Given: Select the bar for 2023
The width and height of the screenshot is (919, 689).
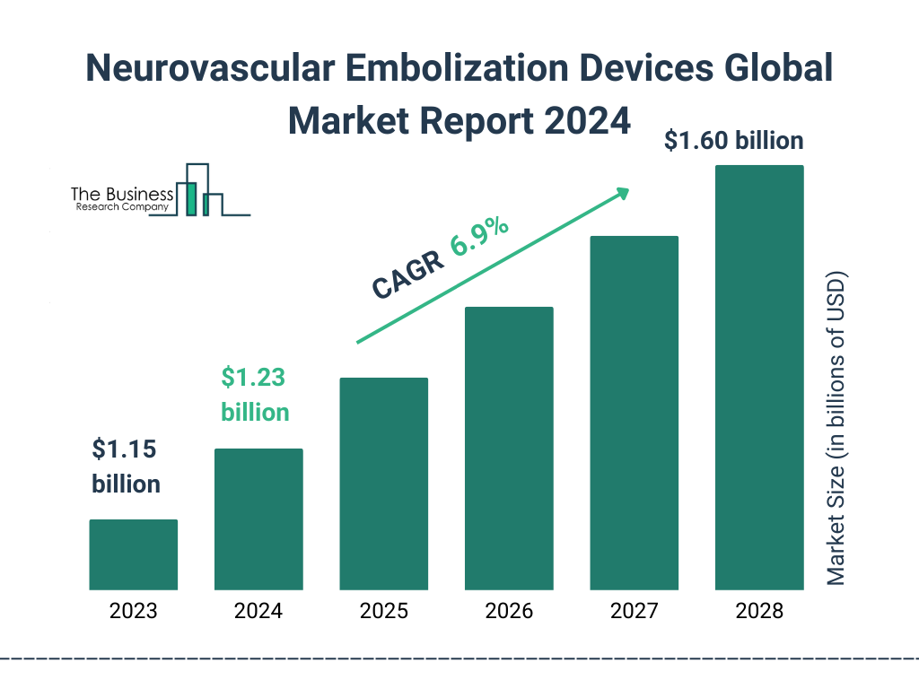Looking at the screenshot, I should (x=133, y=554).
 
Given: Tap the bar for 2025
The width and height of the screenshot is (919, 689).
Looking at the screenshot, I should (x=383, y=484).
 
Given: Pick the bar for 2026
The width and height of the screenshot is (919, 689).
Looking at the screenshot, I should (x=509, y=449).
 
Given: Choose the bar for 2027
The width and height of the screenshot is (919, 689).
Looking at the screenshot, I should (x=634, y=413).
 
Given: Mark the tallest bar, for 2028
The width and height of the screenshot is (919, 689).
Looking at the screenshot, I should (x=759, y=378).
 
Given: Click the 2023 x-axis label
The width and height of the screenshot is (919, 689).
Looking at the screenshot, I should (x=133, y=612).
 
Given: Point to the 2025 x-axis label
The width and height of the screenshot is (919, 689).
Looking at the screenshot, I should (x=383, y=612).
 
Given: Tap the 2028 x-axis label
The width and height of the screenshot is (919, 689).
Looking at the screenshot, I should (x=759, y=612).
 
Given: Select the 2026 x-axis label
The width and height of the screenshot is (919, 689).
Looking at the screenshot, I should (x=509, y=612).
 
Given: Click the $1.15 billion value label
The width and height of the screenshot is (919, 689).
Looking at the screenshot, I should (x=127, y=467).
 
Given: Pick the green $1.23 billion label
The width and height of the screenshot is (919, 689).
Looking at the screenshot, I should (x=255, y=395).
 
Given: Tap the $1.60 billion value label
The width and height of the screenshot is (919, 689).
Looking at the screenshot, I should (x=733, y=141).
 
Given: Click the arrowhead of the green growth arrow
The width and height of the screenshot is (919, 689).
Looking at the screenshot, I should (x=621, y=193).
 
